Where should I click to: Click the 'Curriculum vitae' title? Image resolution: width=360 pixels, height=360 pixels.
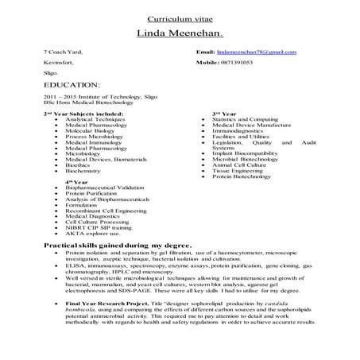pyautogui.click(x=180, y=17)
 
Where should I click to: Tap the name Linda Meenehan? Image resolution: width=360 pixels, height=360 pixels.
pyautogui.click(x=180, y=34)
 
